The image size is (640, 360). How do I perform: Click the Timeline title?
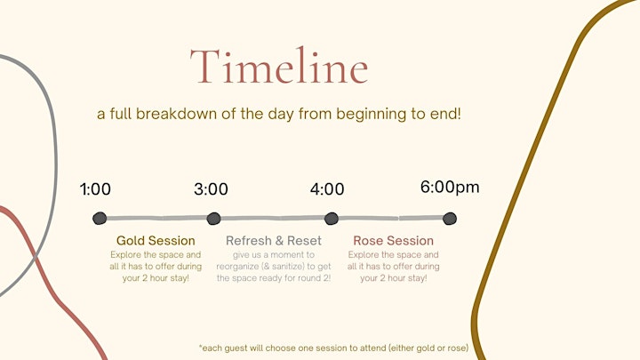[x=279, y=66]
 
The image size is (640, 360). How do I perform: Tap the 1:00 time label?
[x=95, y=189]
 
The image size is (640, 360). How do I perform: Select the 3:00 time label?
[x=211, y=189]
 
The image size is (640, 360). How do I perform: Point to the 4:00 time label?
[x=327, y=189]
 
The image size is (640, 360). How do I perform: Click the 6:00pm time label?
[x=450, y=188]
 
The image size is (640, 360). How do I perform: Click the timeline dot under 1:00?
[x=100, y=219]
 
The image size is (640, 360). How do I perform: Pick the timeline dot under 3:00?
[x=213, y=219]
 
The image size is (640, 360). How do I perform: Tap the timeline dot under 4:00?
[x=331, y=219]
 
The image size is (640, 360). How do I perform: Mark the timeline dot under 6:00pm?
[x=450, y=219]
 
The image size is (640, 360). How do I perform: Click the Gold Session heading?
[x=156, y=240]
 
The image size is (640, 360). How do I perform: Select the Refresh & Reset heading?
[x=274, y=240]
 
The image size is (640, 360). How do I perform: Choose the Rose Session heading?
[x=393, y=240]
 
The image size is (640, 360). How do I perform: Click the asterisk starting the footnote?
[x=200, y=347]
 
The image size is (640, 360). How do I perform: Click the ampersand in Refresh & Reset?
[x=279, y=240]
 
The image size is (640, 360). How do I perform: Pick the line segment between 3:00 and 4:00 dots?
[x=272, y=219]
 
